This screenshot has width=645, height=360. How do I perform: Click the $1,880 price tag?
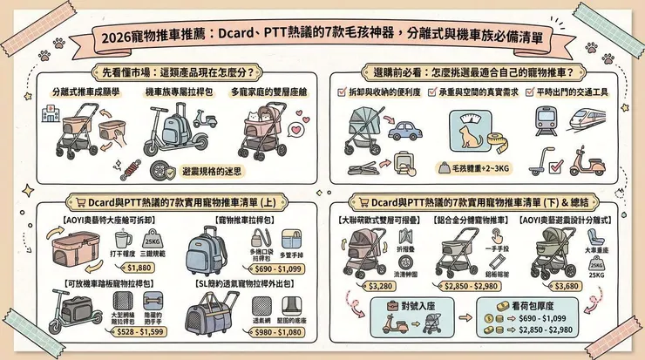click(144, 268)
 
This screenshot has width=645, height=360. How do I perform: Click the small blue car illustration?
click(405, 132)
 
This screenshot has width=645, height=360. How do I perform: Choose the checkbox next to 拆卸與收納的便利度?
click(342, 91)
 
